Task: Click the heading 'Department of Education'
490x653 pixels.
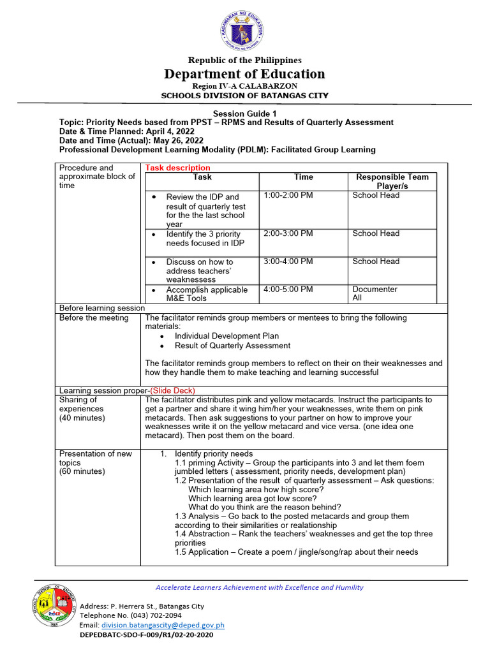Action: [244, 73]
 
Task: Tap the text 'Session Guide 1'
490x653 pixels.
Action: [244, 113]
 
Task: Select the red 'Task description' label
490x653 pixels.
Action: [177, 168]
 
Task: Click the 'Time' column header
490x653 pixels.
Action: [303, 177]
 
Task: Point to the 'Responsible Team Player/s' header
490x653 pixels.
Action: [392, 181]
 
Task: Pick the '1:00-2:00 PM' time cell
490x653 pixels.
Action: [288, 195]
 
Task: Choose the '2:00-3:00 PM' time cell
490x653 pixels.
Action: [288, 233]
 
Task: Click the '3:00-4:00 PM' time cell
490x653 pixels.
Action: [288, 261]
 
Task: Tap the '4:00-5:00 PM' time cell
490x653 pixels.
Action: [288, 290]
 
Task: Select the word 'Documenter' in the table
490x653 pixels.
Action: [375, 290]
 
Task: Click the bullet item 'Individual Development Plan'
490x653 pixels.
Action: [226, 335]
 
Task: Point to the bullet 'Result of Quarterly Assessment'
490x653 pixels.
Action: [232, 346]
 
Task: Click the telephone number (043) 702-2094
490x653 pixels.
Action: [152, 616]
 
